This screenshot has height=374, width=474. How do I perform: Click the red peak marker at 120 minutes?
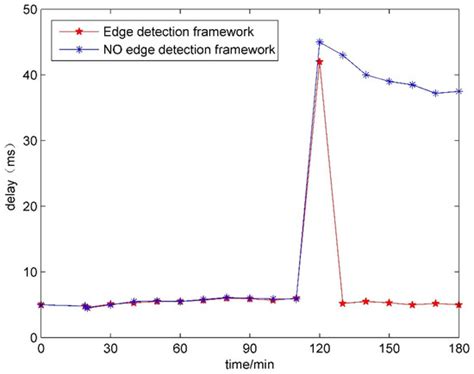(x=319, y=62)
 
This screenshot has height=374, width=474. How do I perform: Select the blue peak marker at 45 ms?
(x=319, y=42)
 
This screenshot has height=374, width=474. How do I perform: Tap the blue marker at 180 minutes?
(x=459, y=91)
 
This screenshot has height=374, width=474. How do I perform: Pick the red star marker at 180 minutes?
(x=459, y=305)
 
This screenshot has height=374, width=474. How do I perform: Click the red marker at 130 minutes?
(x=342, y=303)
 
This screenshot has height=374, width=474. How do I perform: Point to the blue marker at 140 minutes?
(x=366, y=75)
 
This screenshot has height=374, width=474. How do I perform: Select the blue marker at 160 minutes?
(x=412, y=85)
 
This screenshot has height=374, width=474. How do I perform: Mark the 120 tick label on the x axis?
(x=319, y=349)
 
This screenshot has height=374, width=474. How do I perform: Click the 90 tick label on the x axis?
(x=249, y=349)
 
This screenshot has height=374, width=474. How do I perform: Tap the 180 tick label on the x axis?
(x=458, y=349)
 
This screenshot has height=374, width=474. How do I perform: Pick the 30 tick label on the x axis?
(x=110, y=349)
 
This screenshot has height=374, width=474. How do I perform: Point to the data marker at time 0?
(x=41, y=305)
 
